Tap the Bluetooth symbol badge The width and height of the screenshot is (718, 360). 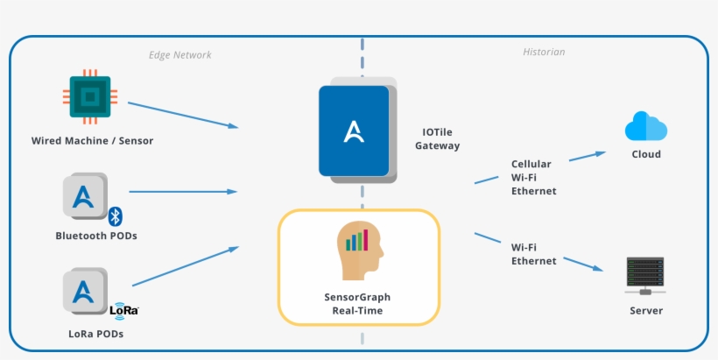click(x=114, y=215)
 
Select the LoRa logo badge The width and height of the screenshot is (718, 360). click(x=123, y=308)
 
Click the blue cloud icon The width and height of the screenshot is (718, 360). click(x=646, y=127)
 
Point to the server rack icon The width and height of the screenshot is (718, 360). click(x=646, y=276)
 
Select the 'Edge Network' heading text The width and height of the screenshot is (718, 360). click(x=179, y=54)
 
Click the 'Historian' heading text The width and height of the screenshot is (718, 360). click(x=544, y=53)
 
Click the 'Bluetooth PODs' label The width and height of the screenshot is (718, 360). click(x=96, y=236)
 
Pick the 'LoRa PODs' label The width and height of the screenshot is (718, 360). click(x=96, y=333)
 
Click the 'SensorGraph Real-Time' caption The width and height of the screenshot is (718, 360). click(x=357, y=303)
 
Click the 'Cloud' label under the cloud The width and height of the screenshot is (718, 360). click(x=646, y=154)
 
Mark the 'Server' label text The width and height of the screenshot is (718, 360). click(x=646, y=310)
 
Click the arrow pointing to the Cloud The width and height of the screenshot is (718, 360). click(x=587, y=156)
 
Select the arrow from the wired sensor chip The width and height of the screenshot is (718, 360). click(x=182, y=115)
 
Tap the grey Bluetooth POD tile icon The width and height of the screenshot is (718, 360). click(x=85, y=195)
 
